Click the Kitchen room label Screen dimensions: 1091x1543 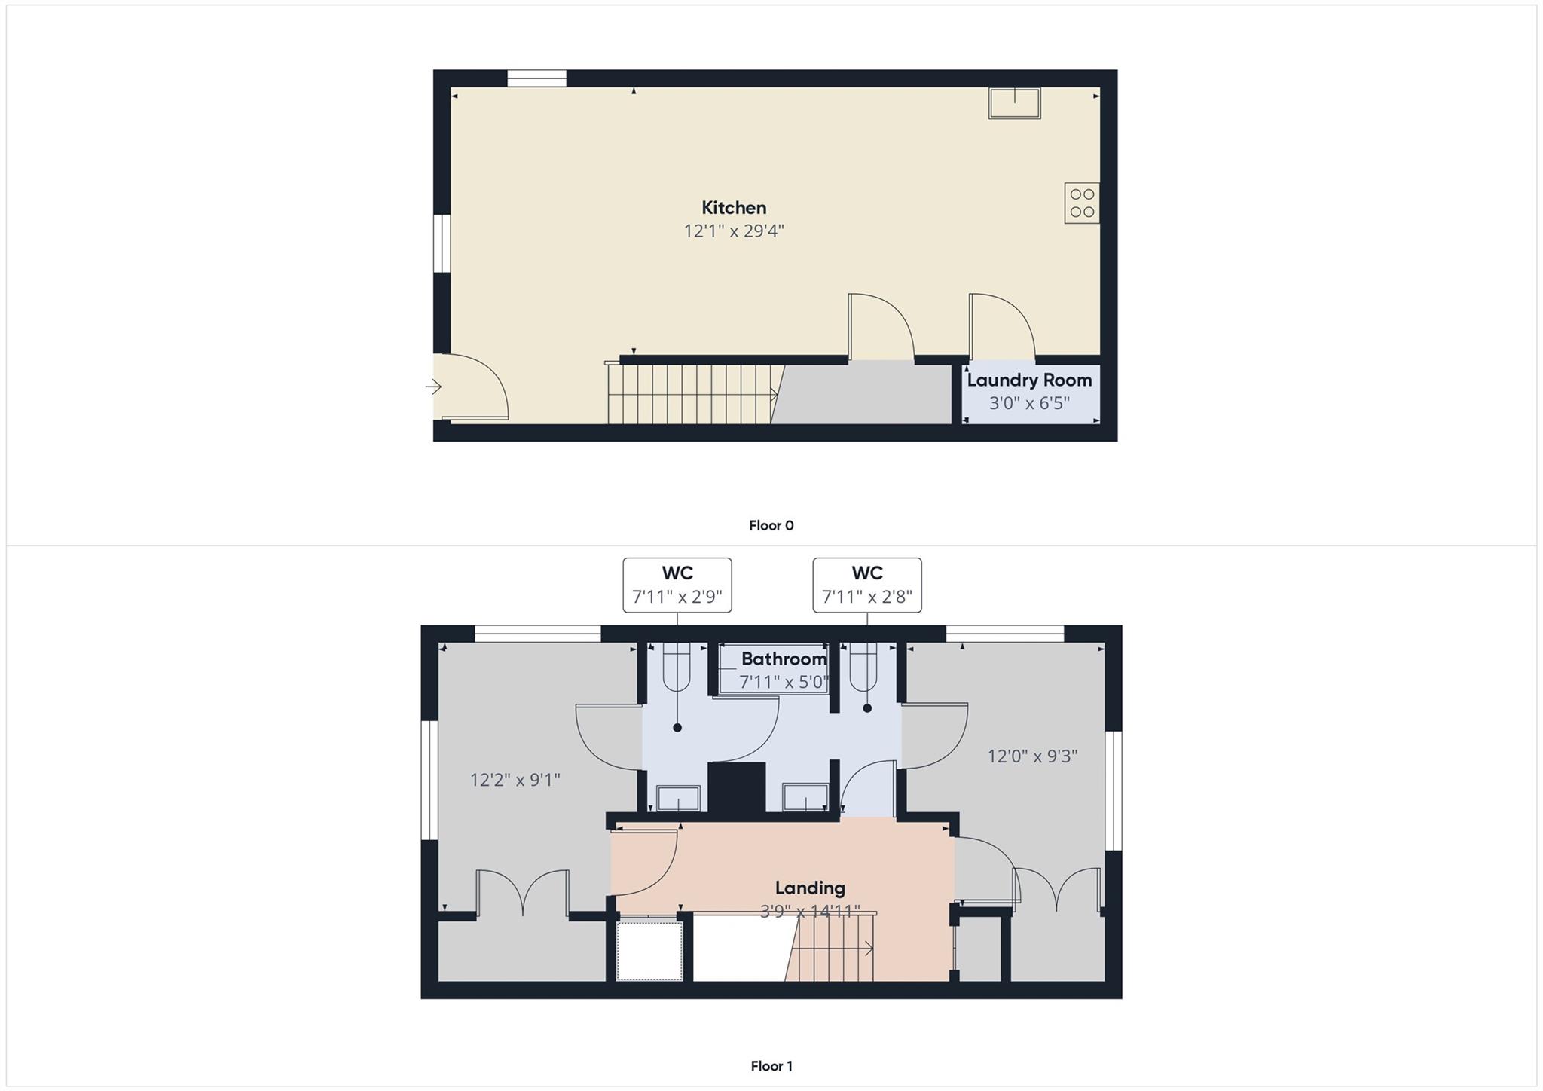coord(734,208)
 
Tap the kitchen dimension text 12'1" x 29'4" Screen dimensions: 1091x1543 coord(734,231)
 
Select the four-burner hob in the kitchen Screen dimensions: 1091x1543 coord(1081,203)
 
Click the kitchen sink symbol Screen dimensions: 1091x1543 coord(1014,102)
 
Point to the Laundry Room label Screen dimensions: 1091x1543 coord(1029,380)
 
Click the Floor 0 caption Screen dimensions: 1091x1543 coord(771,526)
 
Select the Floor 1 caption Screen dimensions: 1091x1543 coord(771,1066)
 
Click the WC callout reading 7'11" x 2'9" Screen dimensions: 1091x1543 coord(677,585)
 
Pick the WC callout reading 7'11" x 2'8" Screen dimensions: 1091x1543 coord(866,585)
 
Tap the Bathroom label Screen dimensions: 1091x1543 coord(784,659)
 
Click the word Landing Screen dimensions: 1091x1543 coord(810,888)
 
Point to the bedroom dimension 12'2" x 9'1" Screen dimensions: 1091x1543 coord(515,780)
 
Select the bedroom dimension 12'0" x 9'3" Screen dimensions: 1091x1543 coord(1032,756)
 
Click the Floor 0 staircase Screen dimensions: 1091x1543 coord(689,394)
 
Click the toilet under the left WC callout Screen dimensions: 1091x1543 coord(677,666)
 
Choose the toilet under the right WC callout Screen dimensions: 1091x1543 coord(863,666)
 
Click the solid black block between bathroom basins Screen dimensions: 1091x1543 coord(737,787)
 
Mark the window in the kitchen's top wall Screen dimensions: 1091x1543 coord(536,78)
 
